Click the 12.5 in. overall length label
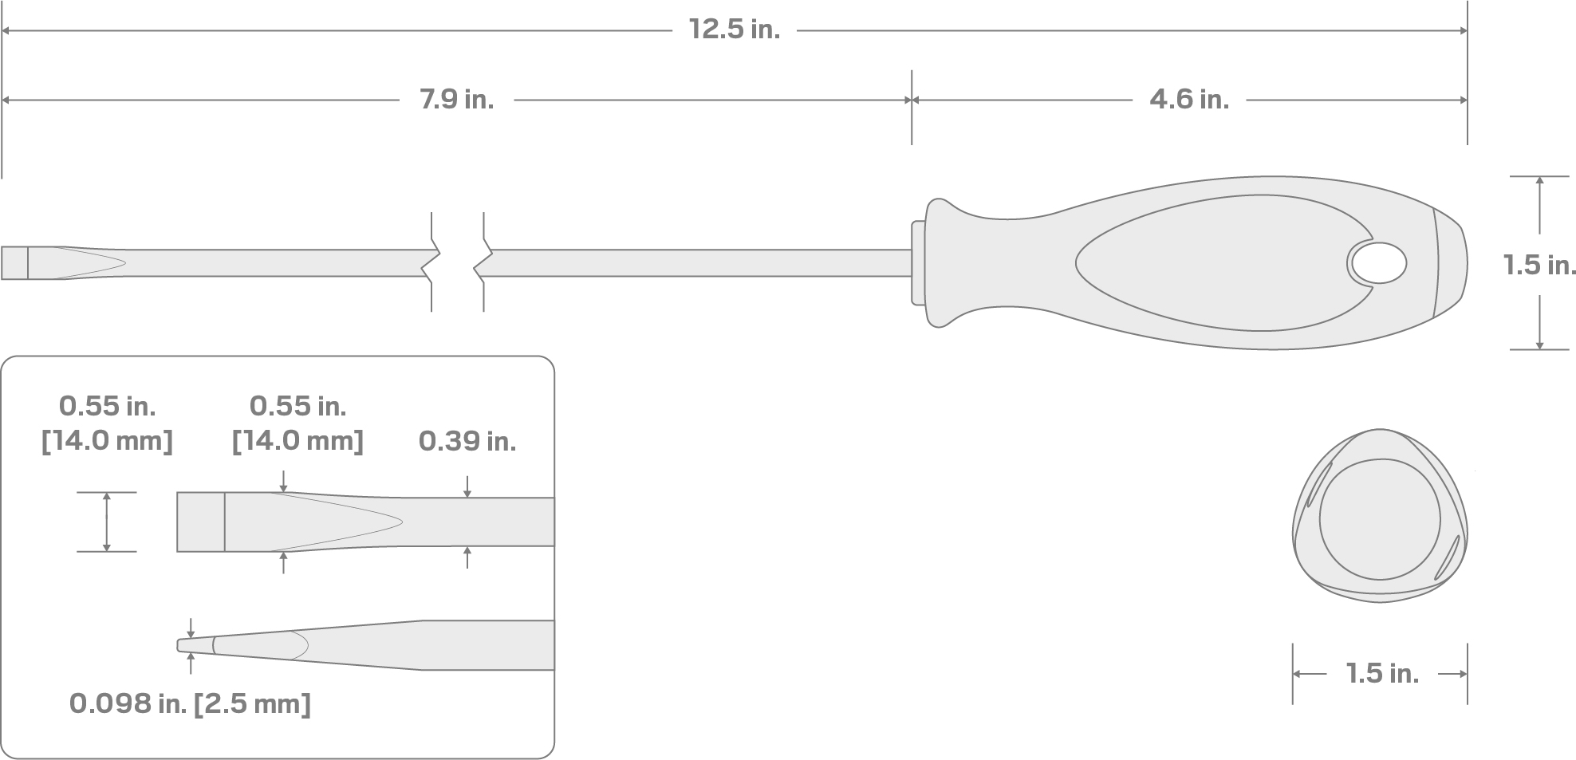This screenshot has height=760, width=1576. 735,30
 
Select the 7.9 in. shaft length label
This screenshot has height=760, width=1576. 457,100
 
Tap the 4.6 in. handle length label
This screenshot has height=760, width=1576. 1189,100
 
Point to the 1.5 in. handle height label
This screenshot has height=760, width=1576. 1539,265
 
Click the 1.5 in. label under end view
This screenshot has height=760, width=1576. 1382,674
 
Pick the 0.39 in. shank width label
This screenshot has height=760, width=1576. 467,441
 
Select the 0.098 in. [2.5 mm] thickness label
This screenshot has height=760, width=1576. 190,703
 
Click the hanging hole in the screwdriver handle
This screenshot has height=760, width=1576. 1377,264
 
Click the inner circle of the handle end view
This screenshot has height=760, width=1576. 1380,519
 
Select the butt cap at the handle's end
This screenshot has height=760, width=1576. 1451,264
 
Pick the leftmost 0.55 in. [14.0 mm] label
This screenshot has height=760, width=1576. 107,423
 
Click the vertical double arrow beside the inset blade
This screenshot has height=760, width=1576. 107,522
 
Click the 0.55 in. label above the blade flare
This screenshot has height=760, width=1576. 297,423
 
